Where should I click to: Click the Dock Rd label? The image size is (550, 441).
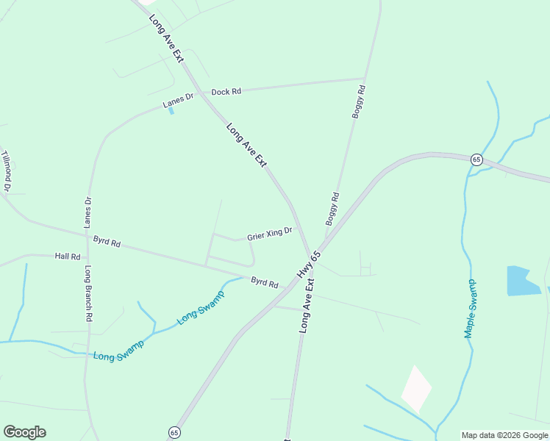pyautogui.click(x=226, y=92)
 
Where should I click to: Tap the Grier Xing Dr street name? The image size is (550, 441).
pyautogui.click(x=269, y=234)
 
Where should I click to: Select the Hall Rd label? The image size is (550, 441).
pyautogui.click(x=68, y=257)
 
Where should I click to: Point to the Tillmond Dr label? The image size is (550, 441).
pyautogui.click(x=7, y=171)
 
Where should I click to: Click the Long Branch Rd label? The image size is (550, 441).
pyautogui.click(x=88, y=293)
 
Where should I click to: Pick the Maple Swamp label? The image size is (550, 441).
pyautogui.click(x=470, y=309)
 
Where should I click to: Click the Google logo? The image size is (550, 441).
pyautogui.click(x=24, y=432)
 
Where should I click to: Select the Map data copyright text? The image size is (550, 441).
pyautogui.click(x=504, y=435)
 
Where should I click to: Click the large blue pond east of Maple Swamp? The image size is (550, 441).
pyautogui.click(x=523, y=281)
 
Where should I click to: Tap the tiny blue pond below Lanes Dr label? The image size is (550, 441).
pyautogui.click(x=171, y=111)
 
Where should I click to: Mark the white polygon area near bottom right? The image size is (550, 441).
pyautogui.click(x=416, y=389)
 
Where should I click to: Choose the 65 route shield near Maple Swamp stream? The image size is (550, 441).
pyautogui.click(x=476, y=159)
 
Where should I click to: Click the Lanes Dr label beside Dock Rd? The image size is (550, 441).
pyautogui.click(x=178, y=101)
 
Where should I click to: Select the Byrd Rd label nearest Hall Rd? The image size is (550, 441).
pyautogui.click(x=107, y=240)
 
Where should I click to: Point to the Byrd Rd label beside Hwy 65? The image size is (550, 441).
pyautogui.click(x=265, y=282)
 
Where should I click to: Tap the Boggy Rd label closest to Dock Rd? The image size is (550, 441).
pyautogui.click(x=358, y=101)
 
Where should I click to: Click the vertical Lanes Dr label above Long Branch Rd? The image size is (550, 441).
pyautogui.click(x=88, y=210)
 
